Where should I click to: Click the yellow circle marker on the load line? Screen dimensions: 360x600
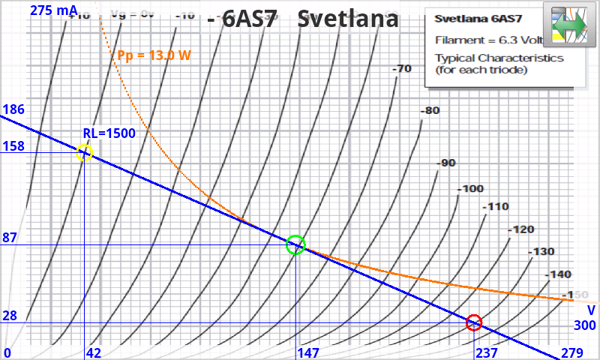[84, 153]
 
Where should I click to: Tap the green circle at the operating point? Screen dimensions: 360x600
[296, 244]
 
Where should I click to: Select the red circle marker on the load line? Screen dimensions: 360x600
[473, 322]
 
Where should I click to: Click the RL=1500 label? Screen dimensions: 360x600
[109, 133]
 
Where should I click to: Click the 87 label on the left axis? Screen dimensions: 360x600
[10, 238]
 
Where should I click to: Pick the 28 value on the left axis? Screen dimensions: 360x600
[10, 316]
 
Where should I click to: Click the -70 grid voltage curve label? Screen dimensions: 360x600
[402, 70]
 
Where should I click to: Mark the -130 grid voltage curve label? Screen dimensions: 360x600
[541, 252]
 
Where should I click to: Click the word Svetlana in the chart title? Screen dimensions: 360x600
[347, 19]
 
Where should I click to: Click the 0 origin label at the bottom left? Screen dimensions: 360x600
[7, 353]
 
